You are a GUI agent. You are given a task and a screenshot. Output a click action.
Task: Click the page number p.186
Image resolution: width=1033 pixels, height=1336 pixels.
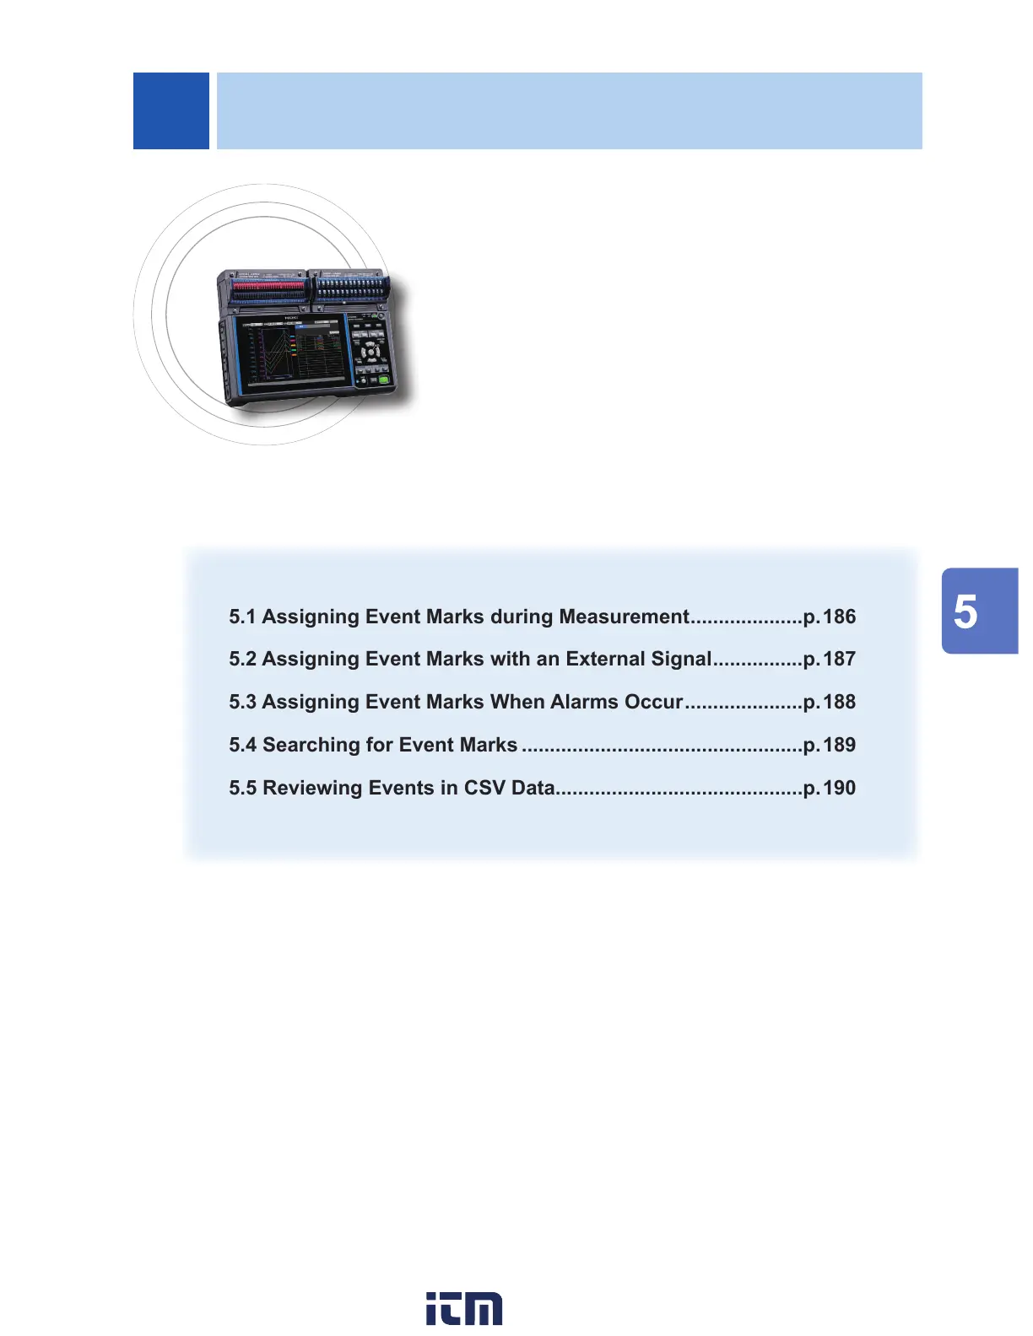[830, 617]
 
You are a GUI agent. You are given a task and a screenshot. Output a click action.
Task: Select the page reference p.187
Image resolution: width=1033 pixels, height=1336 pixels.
[830, 659]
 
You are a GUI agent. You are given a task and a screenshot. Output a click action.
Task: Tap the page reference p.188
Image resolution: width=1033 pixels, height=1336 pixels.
[830, 702]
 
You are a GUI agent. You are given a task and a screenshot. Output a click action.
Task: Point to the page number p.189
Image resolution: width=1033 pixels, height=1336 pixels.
[830, 745]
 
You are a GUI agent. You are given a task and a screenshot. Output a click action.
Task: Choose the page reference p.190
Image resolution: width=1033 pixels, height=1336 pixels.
[830, 788]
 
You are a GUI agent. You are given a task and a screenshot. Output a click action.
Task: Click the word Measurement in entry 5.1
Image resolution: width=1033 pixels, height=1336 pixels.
[624, 617]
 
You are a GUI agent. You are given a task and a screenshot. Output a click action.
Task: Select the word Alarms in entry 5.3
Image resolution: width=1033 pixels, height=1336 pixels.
[584, 702]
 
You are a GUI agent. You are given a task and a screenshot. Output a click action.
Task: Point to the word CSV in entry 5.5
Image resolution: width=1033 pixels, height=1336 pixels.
[484, 788]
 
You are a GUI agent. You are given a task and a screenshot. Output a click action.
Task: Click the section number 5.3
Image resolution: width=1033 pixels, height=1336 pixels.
[242, 702]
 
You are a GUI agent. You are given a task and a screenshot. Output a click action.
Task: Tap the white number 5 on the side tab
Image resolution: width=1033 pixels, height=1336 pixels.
[965, 612]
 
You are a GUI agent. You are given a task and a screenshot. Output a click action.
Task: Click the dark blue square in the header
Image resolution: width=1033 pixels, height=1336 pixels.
[171, 110]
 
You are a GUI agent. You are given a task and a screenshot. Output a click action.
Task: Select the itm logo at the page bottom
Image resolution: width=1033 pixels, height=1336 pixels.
[464, 1308]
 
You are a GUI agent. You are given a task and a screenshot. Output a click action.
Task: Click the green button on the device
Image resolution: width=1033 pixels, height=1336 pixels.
[383, 380]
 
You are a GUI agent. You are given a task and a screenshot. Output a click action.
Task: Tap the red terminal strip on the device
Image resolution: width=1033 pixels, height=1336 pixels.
[268, 288]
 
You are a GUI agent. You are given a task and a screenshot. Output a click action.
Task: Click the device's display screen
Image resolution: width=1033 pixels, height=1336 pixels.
[291, 353]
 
